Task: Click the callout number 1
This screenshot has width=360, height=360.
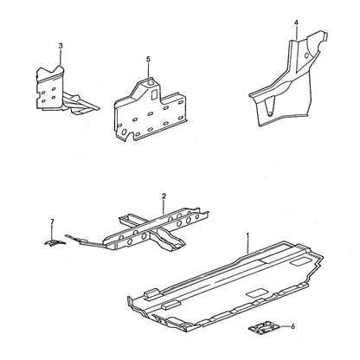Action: click(247, 235)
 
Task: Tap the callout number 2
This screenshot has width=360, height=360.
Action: click(164, 196)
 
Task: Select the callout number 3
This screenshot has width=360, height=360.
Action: click(61, 46)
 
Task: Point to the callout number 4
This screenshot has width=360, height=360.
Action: click(297, 22)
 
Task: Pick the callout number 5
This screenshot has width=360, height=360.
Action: click(148, 59)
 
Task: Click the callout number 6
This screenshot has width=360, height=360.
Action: click(292, 326)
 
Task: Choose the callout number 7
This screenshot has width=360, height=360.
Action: click(52, 222)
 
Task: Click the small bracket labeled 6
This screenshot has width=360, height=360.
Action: click(264, 328)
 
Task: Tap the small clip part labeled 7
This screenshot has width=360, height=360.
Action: click(55, 242)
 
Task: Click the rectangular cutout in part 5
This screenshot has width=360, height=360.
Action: click(154, 94)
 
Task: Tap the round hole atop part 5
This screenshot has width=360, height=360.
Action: click(151, 84)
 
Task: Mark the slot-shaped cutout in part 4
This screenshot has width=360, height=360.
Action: click(268, 106)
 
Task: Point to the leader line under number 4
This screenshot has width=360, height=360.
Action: click(297, 33)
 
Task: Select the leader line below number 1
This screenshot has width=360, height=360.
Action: click(248, 247)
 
